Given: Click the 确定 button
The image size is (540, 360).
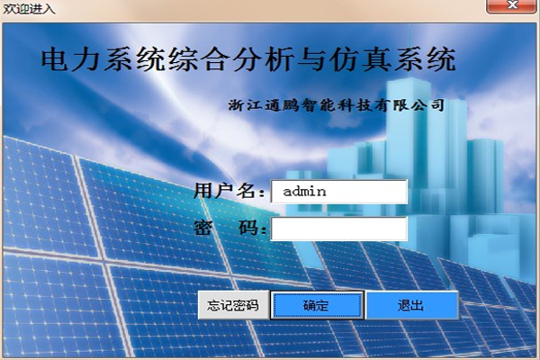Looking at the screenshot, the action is tap(317, 305).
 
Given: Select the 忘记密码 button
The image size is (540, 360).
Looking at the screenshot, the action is tap(233, 305).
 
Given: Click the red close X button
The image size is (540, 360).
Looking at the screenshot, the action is tap(512, 5).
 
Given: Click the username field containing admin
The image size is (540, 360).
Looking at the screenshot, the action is tap(339, 192).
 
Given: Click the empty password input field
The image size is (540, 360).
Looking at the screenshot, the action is tap(339, 229).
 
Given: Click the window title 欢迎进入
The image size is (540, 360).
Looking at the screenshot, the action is tap(29, 8).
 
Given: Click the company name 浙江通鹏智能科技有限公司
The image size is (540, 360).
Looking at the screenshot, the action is tap(336, 105).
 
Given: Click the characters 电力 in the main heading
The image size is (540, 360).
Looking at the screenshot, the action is tap(70, 59).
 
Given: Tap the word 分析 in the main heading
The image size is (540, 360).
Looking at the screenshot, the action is tap(263, 59).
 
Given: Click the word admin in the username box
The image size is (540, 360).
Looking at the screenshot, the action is tap(304, 191).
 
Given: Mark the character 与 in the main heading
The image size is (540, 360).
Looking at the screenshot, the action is tap(310, 59).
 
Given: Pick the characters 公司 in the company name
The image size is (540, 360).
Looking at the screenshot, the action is tap(427, 105).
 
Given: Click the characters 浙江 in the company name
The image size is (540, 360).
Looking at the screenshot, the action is tap(245, 105).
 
